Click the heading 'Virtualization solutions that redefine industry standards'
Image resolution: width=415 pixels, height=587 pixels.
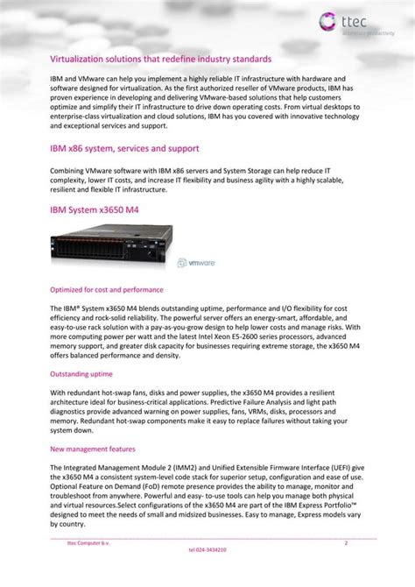pyautogui.click(x=160, y=58)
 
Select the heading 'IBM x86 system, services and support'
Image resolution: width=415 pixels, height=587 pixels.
pyautogui.click(x=124, y=148)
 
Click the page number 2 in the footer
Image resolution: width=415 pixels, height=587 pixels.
pyautogui.click(x=346, y=543)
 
